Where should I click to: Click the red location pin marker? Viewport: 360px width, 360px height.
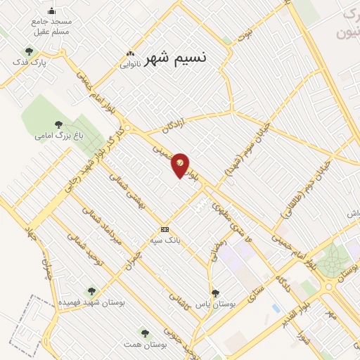tap(181, 165)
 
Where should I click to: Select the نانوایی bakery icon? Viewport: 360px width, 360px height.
tap(129, 54)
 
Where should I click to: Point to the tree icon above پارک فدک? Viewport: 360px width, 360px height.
tap(29, 51)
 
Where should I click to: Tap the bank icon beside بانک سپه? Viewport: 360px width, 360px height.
tap(165, 229)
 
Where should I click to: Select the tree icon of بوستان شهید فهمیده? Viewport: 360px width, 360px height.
tap(90, 290)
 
